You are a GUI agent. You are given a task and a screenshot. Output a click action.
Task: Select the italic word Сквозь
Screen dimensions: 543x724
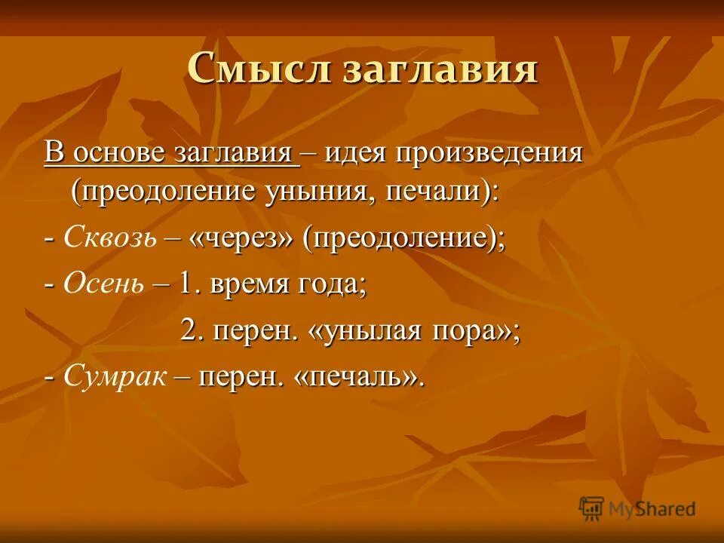click(x=111, y=238)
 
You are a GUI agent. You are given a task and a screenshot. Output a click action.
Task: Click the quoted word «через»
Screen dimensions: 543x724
click(x=241, y=238)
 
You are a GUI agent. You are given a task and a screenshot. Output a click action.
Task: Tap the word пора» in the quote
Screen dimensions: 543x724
click(x=475, y=331)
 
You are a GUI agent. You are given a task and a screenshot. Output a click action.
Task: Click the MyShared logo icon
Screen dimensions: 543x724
click(x=591, y=508)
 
